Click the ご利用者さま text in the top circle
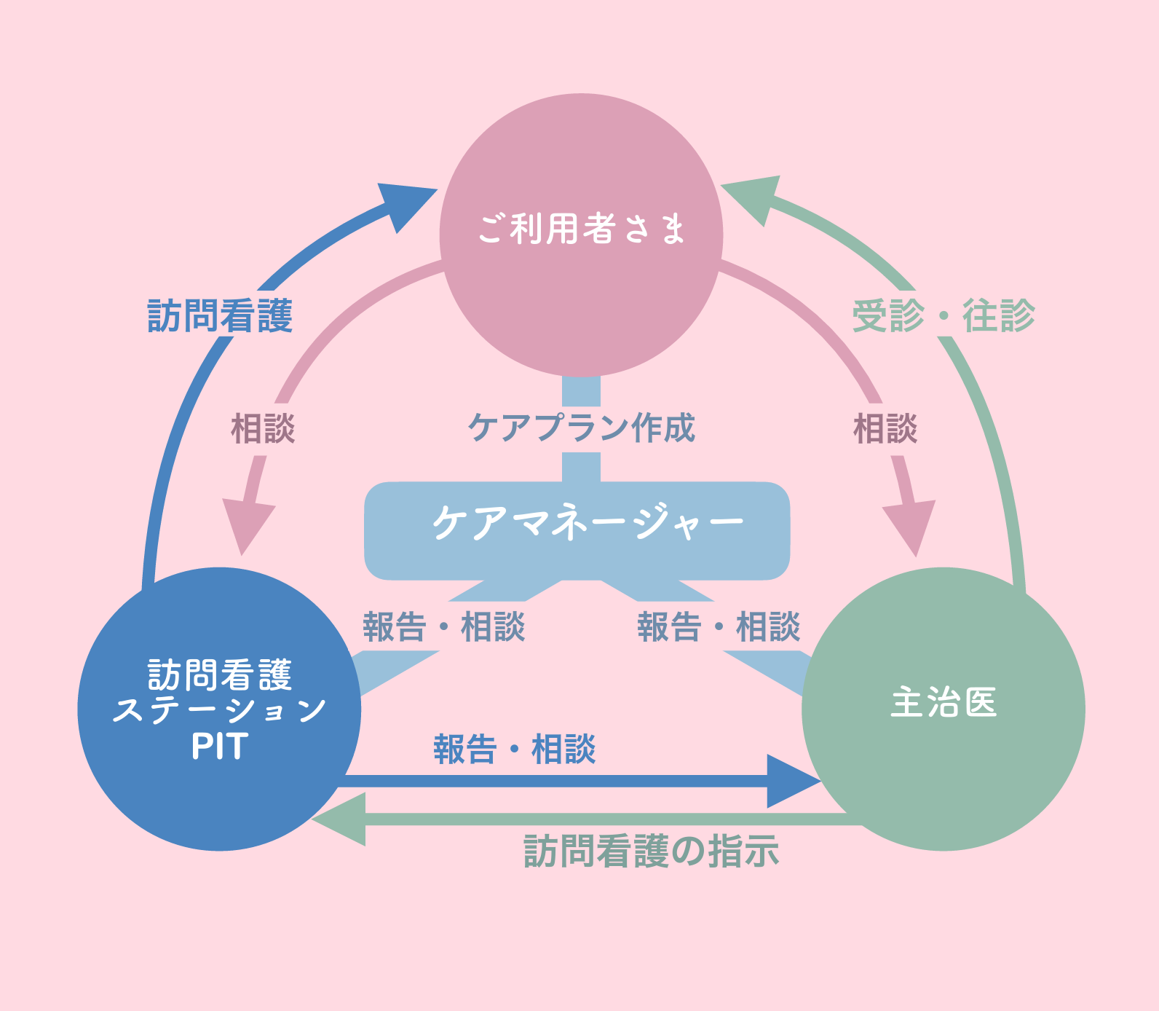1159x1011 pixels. (581, 229)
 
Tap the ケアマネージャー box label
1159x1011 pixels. (587, 522)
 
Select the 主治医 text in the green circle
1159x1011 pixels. (944, 703)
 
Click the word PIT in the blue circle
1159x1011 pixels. (220, 747)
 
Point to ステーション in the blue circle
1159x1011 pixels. (220, 710)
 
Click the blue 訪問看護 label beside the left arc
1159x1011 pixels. (220, 316)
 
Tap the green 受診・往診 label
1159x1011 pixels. (944, 316)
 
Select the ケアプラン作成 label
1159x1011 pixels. (581, 428)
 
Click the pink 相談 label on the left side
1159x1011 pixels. (263, 428)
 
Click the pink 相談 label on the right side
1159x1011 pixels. (885, 428)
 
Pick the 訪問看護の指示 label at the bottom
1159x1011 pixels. (651, 851)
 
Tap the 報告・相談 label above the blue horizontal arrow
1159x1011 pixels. (515, 749)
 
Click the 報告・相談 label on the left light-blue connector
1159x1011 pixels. (444, 626)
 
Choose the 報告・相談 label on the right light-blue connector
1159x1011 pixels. (719, 626)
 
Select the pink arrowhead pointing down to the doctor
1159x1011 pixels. (911, 526)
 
